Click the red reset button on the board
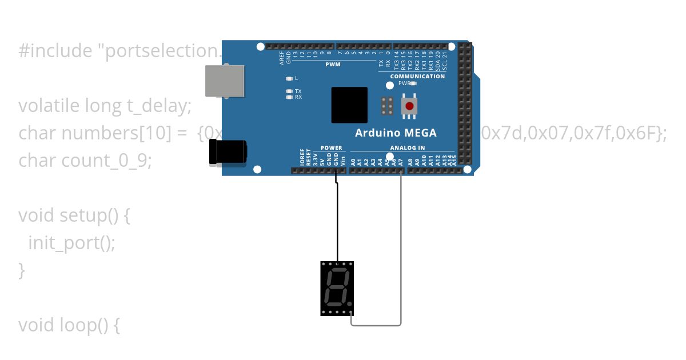(409, 106)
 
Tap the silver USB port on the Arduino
(225, 80)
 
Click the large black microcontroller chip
(349, 105)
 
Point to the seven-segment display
(337, 289)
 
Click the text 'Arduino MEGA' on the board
(396, 133)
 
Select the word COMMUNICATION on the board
(417, 76)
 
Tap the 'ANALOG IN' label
(408, 148)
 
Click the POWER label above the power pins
(331, 148)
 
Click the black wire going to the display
(337, 223)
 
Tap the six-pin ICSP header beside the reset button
(387, 106)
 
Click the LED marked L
(289, 78)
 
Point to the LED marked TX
(289, 91)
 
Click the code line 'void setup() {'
(74, 215)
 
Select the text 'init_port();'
(71, 243)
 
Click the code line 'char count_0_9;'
(85, 161)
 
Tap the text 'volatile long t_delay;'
(105, 106)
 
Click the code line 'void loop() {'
(69, 325)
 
